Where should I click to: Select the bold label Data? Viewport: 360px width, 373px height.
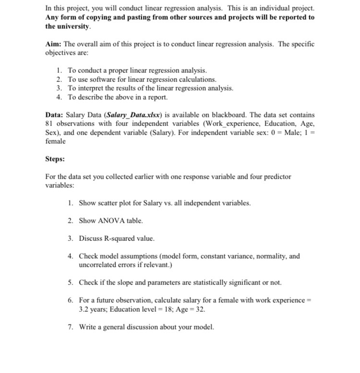coord(55,115)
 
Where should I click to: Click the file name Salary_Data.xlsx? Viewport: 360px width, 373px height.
coord(134,115)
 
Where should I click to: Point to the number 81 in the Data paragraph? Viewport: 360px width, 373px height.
coord(50,124)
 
